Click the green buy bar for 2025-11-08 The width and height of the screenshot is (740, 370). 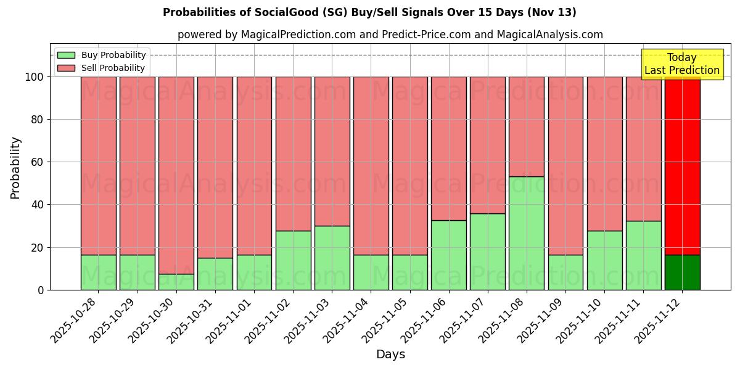527,233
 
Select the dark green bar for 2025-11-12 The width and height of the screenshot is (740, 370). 682,272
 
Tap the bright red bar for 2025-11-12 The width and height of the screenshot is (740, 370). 682,165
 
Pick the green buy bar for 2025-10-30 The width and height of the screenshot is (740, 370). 176,282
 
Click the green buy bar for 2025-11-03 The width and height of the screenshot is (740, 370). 332,258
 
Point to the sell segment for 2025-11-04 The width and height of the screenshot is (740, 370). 371,165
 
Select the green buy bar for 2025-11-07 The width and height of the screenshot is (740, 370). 488,252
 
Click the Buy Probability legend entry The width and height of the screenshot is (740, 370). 101,55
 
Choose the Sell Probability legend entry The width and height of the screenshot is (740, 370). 101,68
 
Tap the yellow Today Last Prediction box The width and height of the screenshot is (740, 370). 682,64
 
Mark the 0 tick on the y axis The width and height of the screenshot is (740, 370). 41,290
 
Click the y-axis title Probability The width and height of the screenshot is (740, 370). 15,167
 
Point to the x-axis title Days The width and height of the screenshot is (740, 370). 390,355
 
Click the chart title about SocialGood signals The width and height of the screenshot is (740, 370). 369,12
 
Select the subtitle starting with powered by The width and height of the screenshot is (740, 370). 390,35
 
